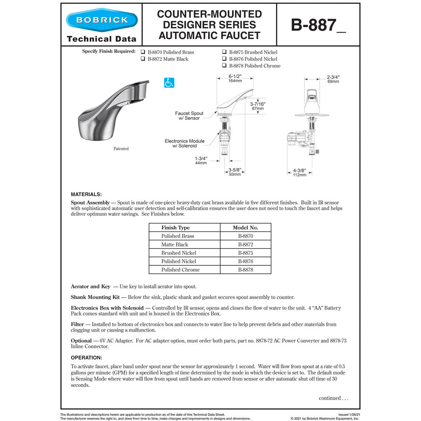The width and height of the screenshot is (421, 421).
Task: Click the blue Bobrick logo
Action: [102, 20]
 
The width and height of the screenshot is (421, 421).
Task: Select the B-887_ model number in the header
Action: [318, 25]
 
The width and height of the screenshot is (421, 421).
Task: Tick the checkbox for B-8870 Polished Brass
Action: [143, 52]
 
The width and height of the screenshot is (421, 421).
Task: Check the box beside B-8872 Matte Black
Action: [143, 59]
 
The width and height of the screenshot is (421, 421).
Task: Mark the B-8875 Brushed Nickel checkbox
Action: [224, 52]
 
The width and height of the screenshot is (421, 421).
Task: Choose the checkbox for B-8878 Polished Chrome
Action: [224, 66]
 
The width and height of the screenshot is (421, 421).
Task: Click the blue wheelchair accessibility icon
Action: [169, 83]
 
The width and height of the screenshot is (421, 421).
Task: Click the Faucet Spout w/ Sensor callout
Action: [189, 116]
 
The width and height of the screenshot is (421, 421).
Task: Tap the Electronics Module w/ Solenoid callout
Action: [185, 143]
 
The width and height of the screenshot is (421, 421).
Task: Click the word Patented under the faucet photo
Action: [121, 149]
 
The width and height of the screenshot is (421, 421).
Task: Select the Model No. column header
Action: [245, 228]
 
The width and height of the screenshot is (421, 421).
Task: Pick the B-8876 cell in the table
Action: [245, 261]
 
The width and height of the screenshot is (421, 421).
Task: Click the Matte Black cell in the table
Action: [175, 245]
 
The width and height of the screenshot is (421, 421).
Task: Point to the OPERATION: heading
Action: [86, 358]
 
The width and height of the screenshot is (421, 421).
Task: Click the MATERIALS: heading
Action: [86, 194]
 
